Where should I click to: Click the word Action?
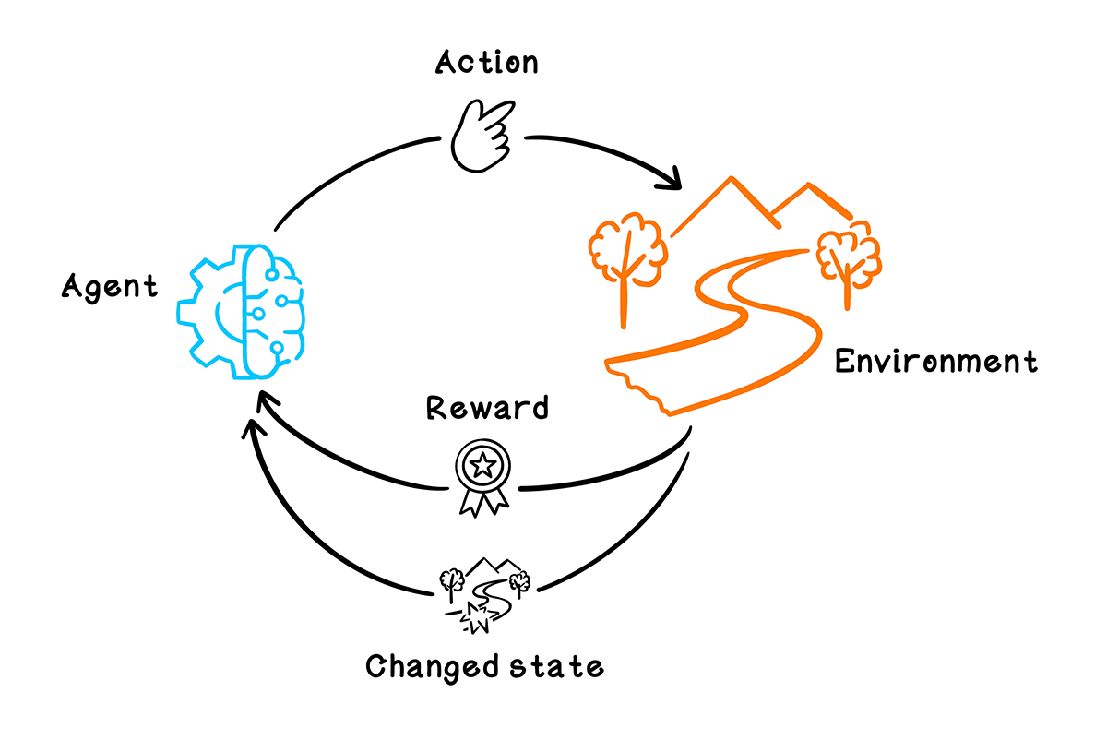click(x=487, y=63)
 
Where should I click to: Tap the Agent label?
click(x=110, y=287)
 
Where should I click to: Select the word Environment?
click(x=935, y=361)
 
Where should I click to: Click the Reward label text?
click(x=486, y=407)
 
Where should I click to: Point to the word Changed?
click(x=425, y=665)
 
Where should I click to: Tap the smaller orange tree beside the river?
click(x=847, y=257)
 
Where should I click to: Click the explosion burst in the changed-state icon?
click(x=477, y=617)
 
